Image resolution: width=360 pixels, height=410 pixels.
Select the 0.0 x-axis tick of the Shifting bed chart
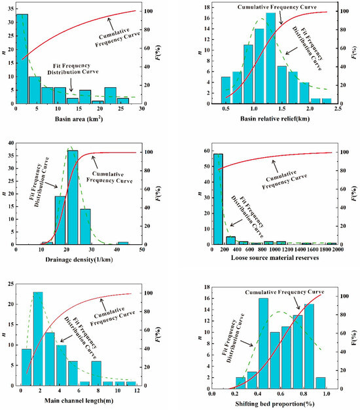pyautogui.click(x=211, y=392)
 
